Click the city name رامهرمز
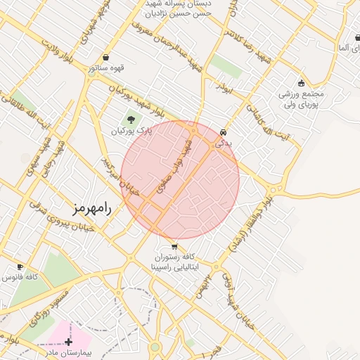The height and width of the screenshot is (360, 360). click(x=92, y=209)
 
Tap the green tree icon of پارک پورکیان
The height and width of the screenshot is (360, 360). click(x=130, y=120)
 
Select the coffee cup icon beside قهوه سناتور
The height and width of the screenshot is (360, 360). click(x=105, y=58)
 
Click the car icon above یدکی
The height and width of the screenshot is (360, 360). click(x=223, y=132)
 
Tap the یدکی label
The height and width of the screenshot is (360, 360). click(x=223, y=142)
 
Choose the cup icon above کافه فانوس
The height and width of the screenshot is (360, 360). click(x=20, y=267)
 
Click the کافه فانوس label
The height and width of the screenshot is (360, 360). click(x=19, y=278)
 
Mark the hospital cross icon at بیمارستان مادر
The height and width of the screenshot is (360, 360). click(x=68, y=342)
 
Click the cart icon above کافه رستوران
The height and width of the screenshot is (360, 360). click(x=174, y=247)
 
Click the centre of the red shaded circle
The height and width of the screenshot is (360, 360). click(x=180, y=180)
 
